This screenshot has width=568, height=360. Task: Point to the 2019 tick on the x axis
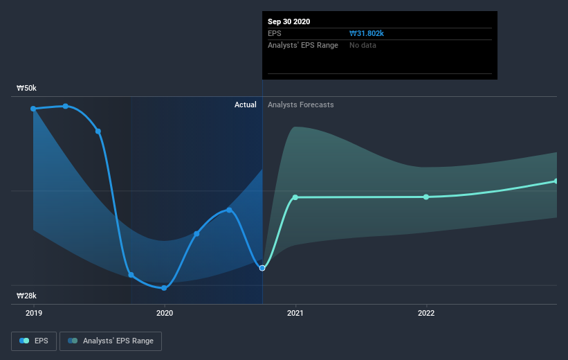(x=33, y=313)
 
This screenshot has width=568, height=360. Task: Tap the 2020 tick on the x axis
(x=164, y=313)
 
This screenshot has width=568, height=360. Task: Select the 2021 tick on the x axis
(x=295, y=313)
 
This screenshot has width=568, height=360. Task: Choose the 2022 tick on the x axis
(x=426, y=313)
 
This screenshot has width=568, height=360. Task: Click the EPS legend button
(x=34, y=341)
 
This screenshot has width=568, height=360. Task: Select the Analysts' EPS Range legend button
(x=111, y=341)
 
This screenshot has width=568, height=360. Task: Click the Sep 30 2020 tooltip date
(x=288, y=21)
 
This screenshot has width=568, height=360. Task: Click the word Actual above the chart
(x=245, y=105)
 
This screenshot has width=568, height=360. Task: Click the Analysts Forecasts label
(x=300, y=105)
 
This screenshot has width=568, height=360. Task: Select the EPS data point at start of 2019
(x=33, y=109)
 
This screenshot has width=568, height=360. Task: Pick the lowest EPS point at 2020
(x=164, y=288)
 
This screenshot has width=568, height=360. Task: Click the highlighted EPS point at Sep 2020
(x=262, y=268)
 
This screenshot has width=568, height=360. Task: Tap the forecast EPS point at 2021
(x=295, y=197)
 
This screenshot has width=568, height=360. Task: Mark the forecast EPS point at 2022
(x=426, y=197)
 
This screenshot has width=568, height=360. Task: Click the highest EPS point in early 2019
(x=66, y=106)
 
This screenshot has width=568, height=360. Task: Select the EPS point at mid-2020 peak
(x=229, y=210)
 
